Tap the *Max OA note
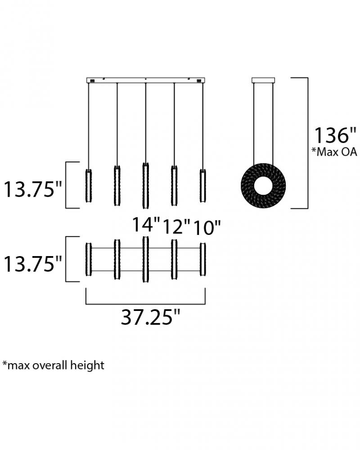click(334, 152)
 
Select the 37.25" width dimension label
click(150, 317)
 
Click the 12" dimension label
click(176, 226)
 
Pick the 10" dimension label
click(207, 228)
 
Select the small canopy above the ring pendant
click(263, 81)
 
